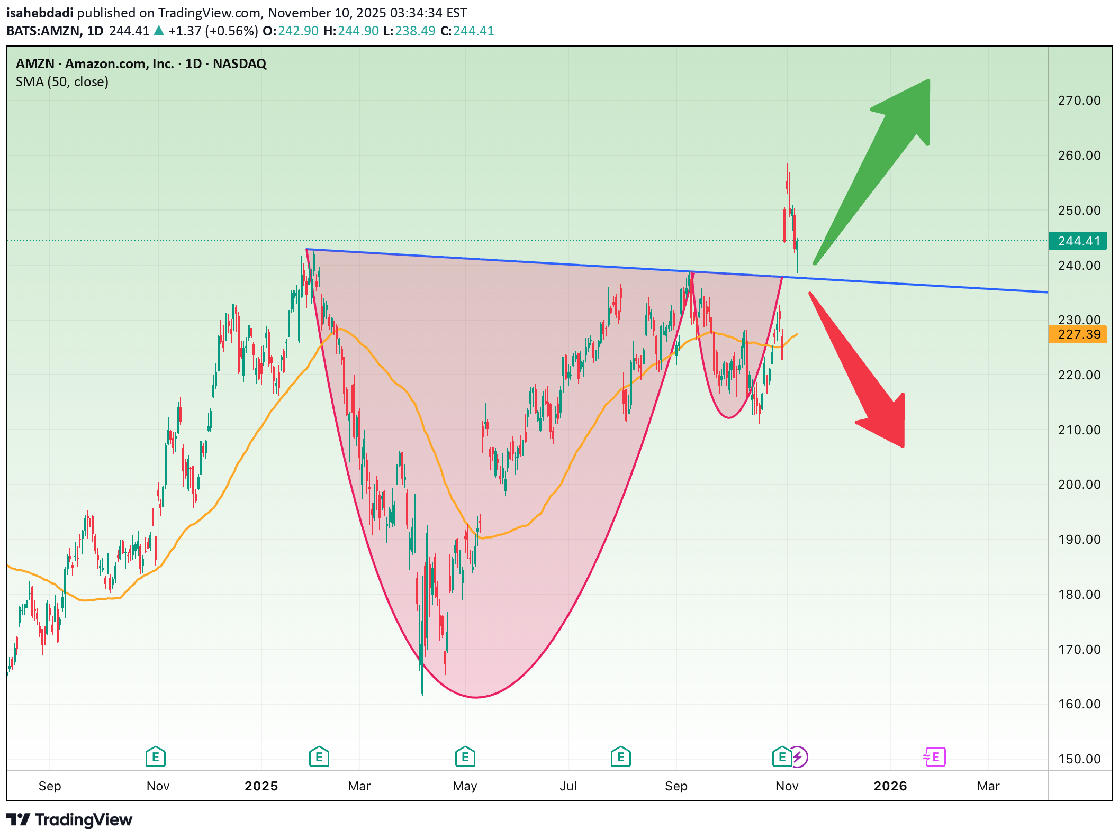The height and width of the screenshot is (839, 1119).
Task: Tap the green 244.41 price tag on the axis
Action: pyautogui.click(x=1078, y=241)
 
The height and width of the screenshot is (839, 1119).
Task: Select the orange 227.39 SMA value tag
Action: pyautogui.click(x=1078, y=334)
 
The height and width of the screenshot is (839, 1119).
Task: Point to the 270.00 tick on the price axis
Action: pyautogui.click(x=1079, y=101)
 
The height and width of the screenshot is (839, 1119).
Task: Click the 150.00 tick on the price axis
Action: pyautogui.click(x=1079, y=759)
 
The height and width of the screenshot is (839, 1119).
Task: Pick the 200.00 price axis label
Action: pyautogui.click(x=1079, y=484)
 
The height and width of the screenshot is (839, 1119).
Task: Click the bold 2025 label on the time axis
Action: pyautogui.click(x=261, y=786)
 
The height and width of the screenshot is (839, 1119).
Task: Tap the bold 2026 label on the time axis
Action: pyautogui.click(x=890, y=786)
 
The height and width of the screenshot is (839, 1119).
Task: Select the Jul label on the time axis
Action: pyautogui.click(x=568, y=786)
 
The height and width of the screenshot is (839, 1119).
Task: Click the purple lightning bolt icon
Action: pyautogui.click(x=798, y=757)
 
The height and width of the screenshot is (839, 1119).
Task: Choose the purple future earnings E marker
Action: pyautogui.click(x=935, y=757)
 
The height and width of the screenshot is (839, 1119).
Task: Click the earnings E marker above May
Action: pyautogui.click(x=465, y=757)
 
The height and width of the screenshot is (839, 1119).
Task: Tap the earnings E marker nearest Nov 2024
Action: pyautogui.click(x=156, y=757)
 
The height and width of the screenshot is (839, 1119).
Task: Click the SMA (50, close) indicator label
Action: pyautogui.click(x=62, y=82)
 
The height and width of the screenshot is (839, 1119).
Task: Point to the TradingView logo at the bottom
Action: pyautogui.click(x=69, y=819)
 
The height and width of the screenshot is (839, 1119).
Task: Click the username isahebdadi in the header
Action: pyautogui.click(x=40, y=13)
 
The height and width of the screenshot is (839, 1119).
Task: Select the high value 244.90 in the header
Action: pyautogui.click(x=358, y=31)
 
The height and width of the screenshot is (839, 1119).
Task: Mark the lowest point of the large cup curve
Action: pyautogui.click(x=476, y=697)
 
